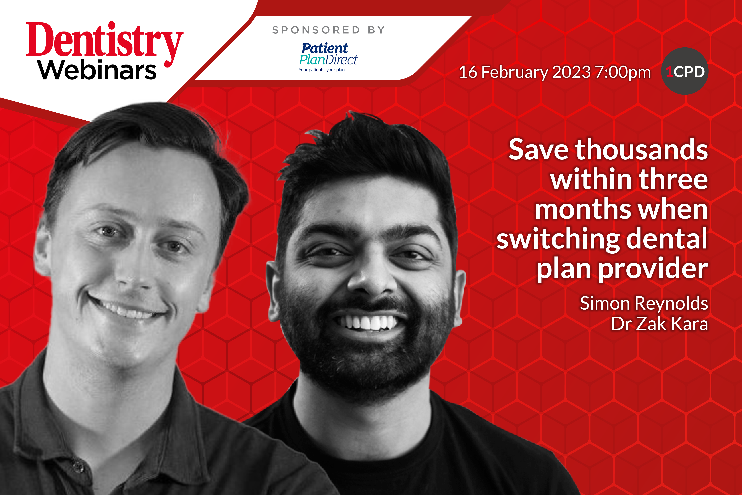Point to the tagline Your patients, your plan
coord(322,70)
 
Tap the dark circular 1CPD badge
coord(685,71)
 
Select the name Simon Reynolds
coord(644,304)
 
